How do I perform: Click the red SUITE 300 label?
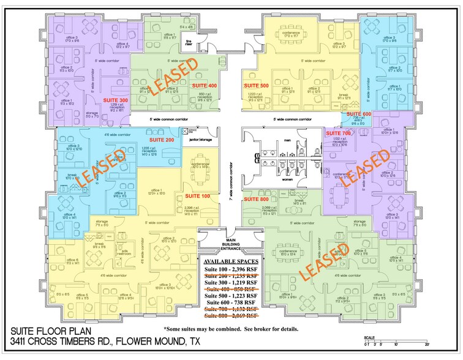(116, 100)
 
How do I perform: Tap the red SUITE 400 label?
(205, 85)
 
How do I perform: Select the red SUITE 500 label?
(257, 85)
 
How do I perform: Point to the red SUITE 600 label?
(359, 114)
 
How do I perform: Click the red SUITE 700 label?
(337, 133)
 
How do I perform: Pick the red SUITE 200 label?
(162, 140)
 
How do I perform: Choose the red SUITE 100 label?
(197, 195)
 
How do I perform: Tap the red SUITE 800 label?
(257, 200)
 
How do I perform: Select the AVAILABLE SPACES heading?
(231, 261)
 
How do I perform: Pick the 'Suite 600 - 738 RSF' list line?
(231, 303)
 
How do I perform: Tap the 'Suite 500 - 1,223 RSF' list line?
(231, 295)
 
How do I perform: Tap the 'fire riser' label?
(189, 43)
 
